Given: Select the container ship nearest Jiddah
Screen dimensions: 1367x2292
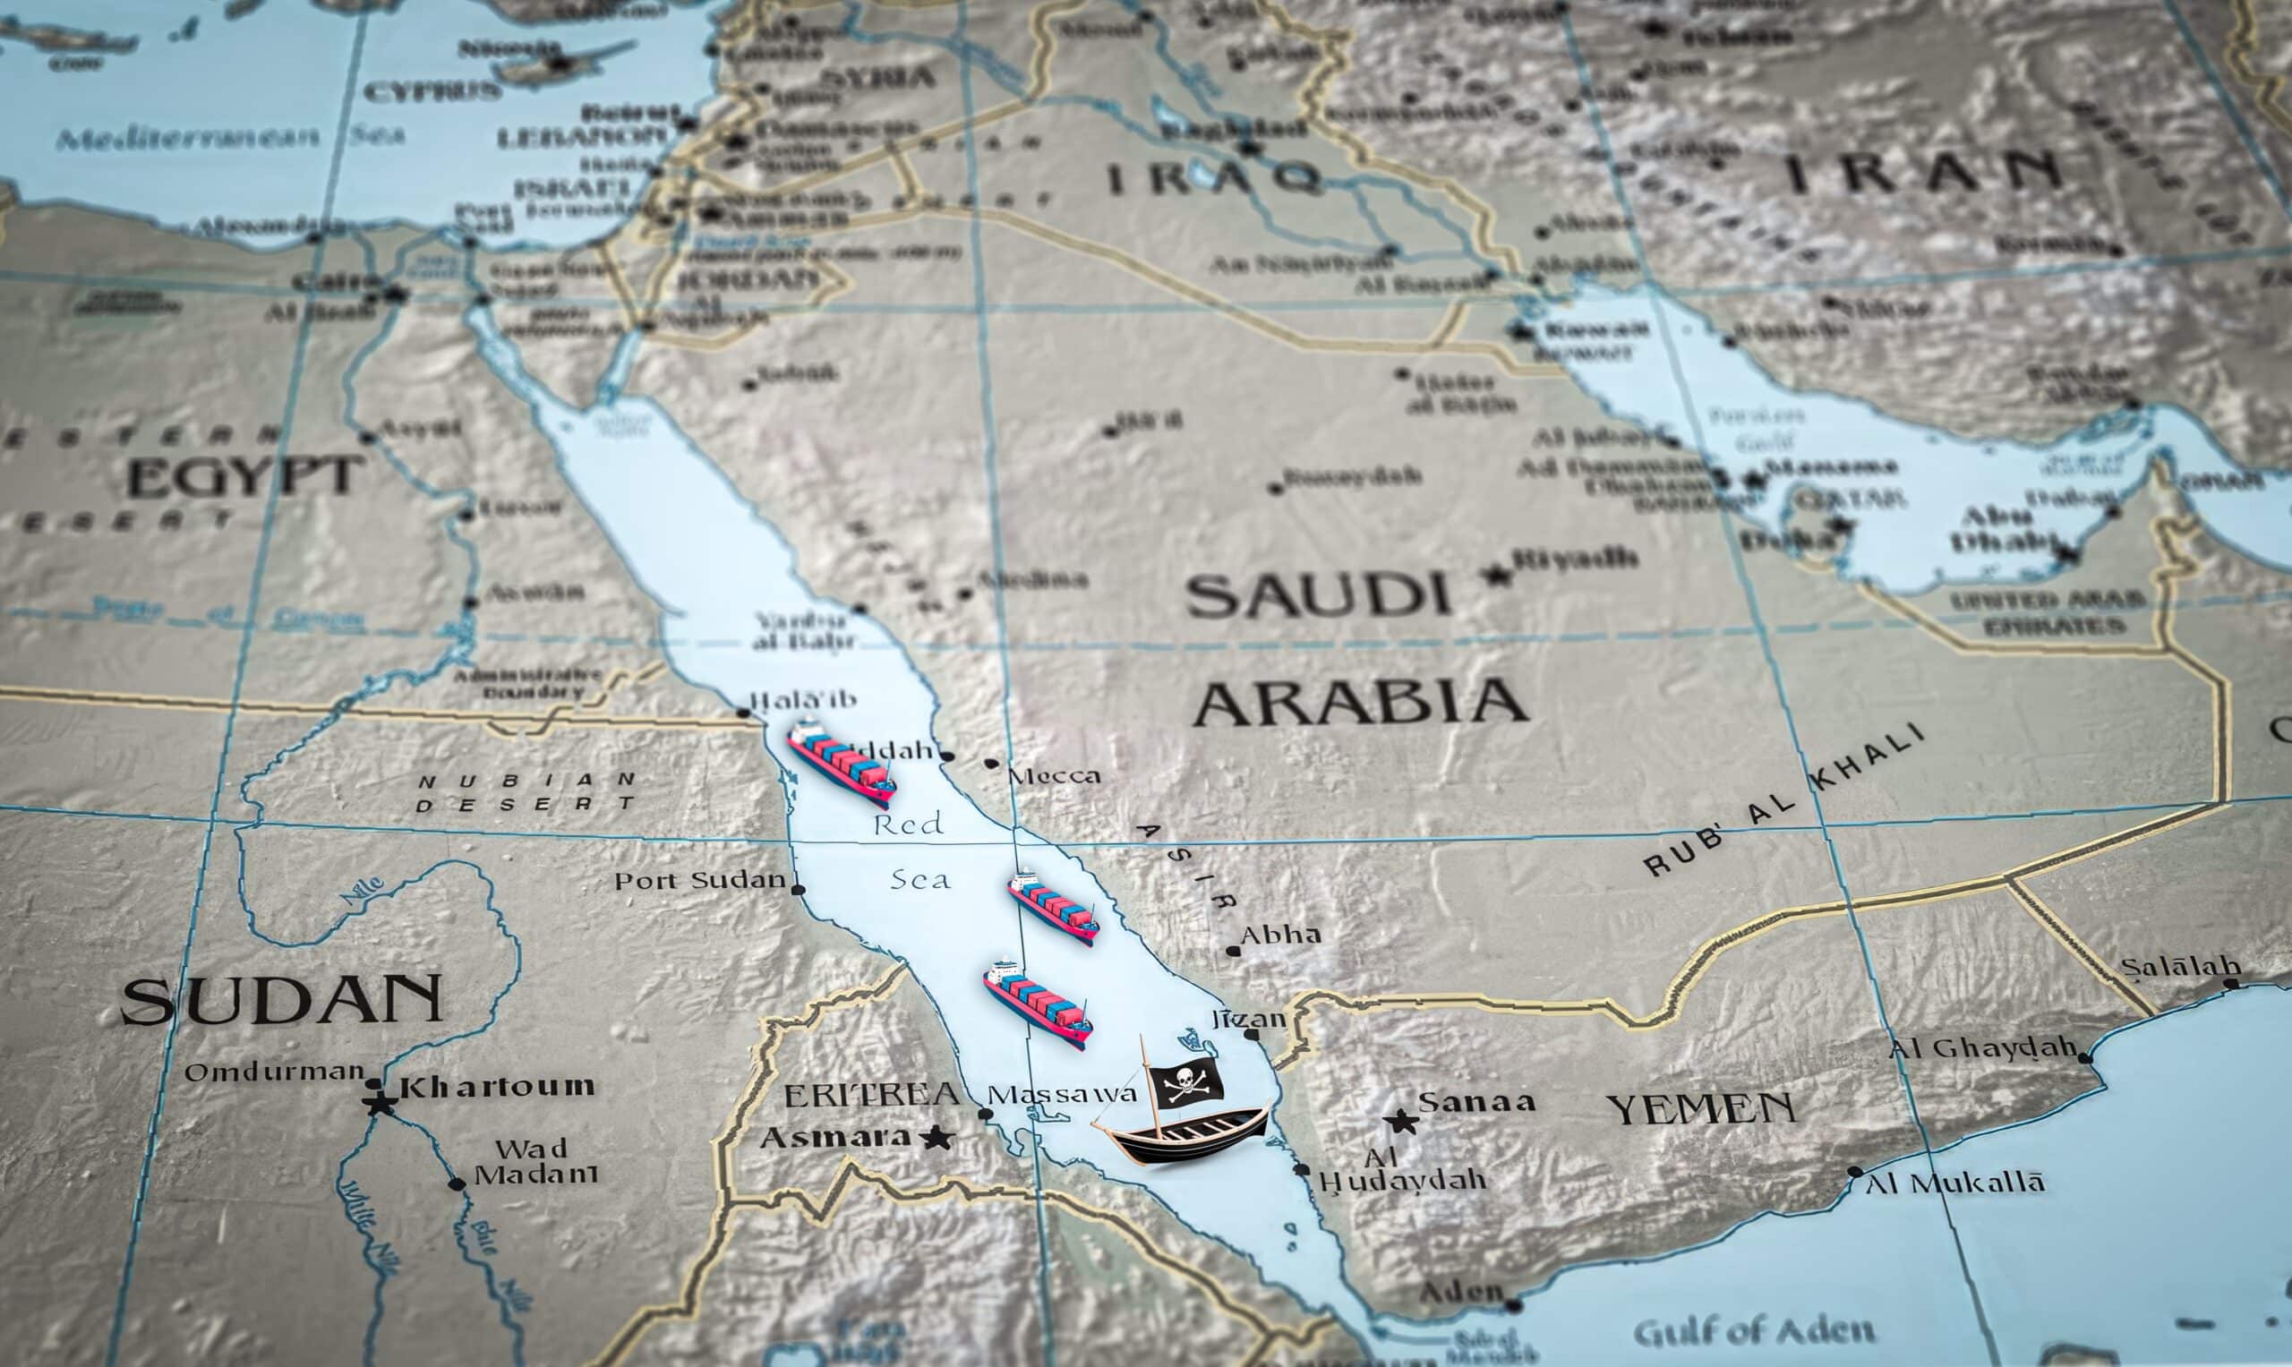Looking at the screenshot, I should click(x=841, y=764).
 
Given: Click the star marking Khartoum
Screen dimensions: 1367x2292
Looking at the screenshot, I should click(x=380, y=1103).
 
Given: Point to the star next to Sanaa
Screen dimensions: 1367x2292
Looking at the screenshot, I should click(x=1402, y=1121).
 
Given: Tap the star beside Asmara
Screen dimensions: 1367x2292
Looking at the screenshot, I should click(x=936, y=1138).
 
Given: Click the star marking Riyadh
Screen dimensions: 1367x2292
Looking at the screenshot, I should click(x=1498, y=576).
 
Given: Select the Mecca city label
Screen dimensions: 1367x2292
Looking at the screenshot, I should click(x=1055, y=775).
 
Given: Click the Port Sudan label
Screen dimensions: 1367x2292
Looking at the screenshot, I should click(x=700, y=881).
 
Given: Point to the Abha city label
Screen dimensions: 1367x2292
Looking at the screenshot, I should click(x=1280, y=935).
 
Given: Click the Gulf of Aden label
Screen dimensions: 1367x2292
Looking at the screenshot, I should click(x=1754, y=1331).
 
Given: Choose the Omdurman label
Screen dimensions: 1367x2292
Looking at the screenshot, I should click(x=275, y=1072).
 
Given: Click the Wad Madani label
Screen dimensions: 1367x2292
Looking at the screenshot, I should click(x=535, y=1162).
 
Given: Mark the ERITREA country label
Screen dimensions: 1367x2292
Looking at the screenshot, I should click(x=870, y=1095).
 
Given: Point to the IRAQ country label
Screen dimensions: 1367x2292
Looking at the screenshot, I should click(x=1212, y=177).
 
